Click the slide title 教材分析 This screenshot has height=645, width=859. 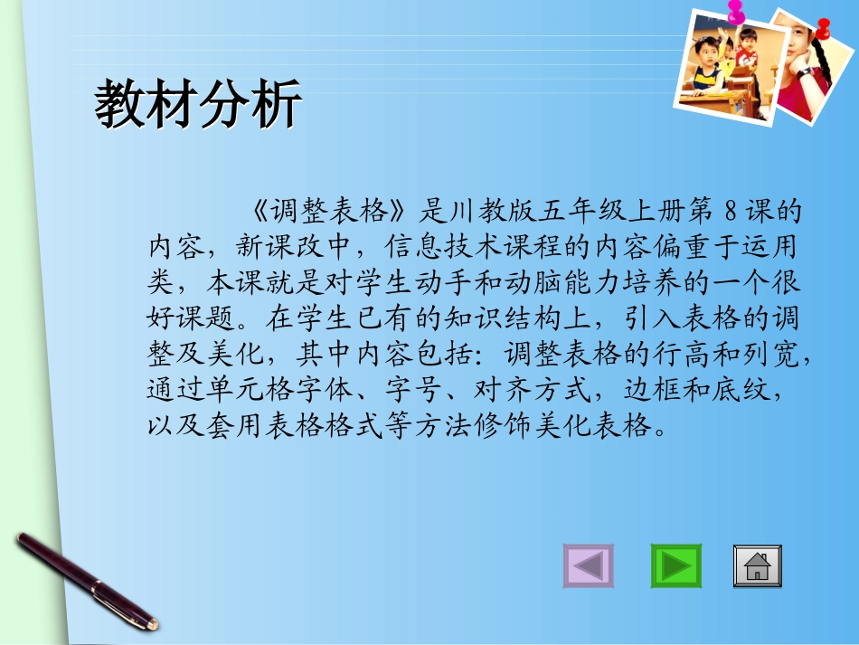(x=198, y=107)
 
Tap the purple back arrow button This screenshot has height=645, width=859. (x=588, y=566)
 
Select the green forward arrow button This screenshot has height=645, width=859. (x=675, y=566)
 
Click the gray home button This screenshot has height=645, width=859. (x=757, y=566)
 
